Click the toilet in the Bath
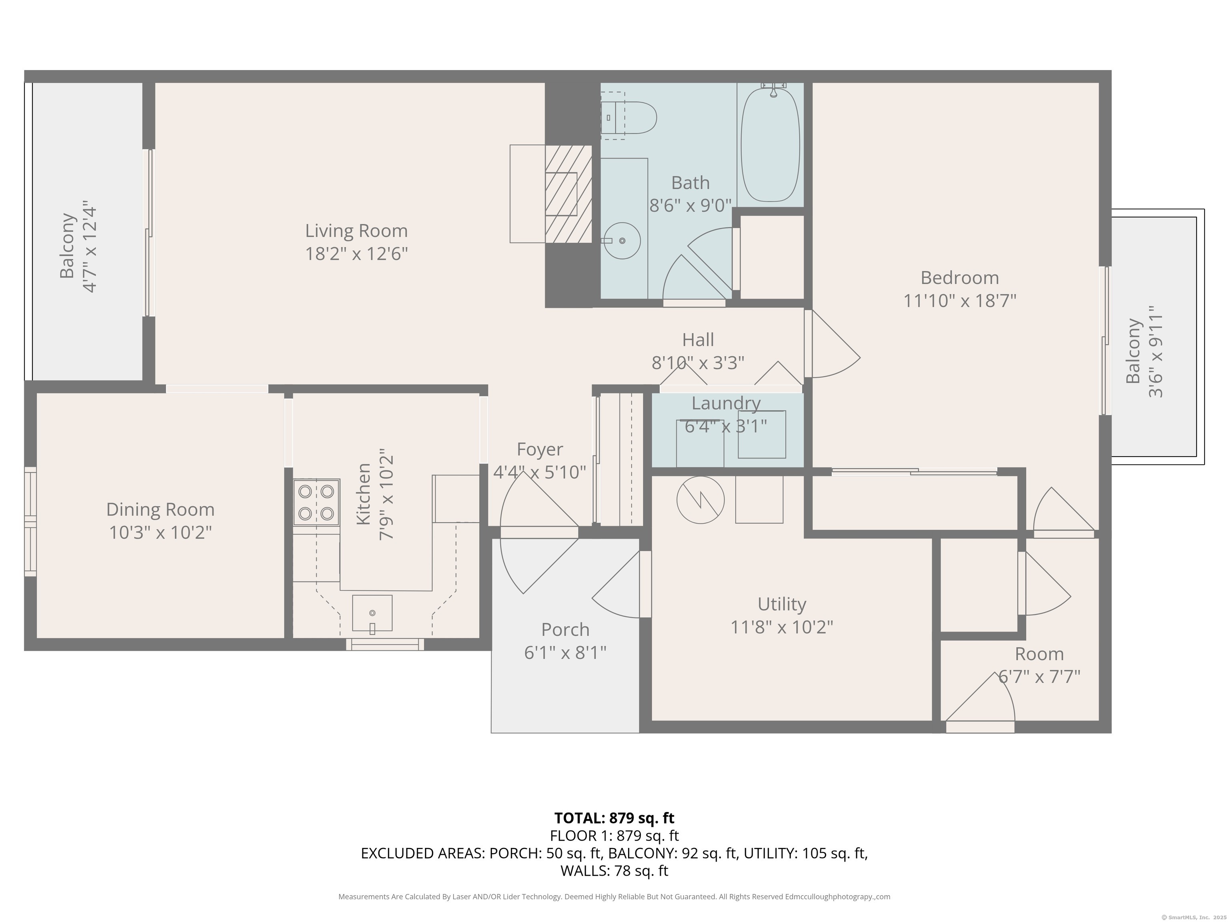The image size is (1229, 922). [x=631, y=117]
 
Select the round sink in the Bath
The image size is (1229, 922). [x=622, y=241]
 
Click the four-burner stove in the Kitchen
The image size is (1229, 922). [x=316, y=502]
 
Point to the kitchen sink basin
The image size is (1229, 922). [x=372, y=613]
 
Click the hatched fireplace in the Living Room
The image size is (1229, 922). [x=568, y=194]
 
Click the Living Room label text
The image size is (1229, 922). [x=356, y=230]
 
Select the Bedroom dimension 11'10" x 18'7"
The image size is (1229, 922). [x=959, y=301]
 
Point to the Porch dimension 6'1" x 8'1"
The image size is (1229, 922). [x=565, y=652]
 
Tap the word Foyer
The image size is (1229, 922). [x=540, y=449]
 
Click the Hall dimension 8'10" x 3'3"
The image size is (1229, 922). [x=698, y=363]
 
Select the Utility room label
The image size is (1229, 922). [x=782, y=604]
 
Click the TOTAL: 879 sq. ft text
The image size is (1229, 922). [x=614, y=818]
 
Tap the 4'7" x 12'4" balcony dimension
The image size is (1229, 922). [x=90, y=249]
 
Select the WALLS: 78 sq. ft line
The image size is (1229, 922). [x=614, y=871]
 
